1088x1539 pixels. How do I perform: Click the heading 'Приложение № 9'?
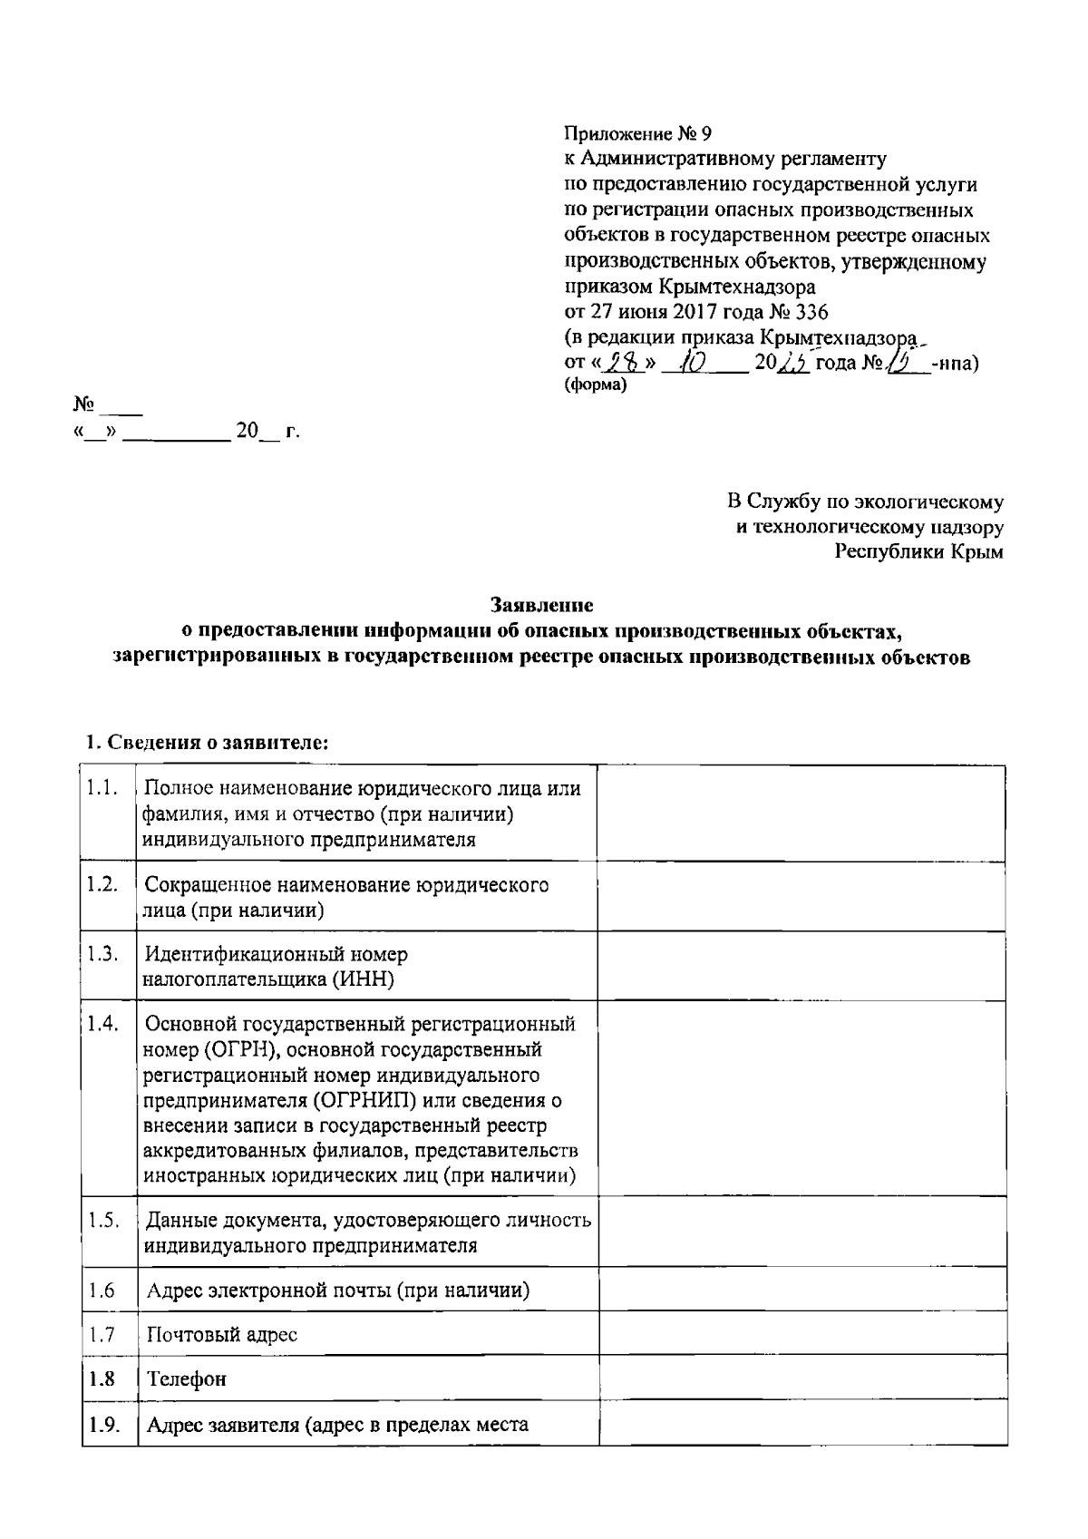coord(632,134)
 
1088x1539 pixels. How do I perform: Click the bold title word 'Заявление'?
coord(542,604)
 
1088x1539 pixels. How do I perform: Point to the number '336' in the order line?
coord(811,312)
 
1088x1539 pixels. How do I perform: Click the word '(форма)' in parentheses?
coord(595,385)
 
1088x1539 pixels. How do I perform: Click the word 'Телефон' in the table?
coord(186,1379)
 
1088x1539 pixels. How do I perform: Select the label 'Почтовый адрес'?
coord(222,1335)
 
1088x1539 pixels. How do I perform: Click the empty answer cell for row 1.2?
coord(801,897)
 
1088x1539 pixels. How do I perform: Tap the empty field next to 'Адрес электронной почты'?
coord(801,1291)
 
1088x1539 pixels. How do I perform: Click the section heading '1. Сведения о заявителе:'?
coord(207,742)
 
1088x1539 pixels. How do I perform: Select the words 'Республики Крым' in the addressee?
coord(918,551)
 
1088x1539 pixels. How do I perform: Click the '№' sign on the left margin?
coord(84,403)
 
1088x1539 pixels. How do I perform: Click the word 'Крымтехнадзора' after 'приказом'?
coord(734,287)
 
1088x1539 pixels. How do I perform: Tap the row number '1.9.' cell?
coord(104,1424)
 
